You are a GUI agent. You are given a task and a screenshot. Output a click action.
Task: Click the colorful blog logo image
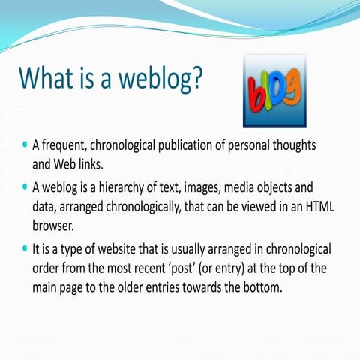click(274, 90)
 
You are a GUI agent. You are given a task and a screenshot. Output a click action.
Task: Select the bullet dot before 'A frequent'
click(25, 142)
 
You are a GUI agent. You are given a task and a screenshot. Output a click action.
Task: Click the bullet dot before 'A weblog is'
click(25, 184)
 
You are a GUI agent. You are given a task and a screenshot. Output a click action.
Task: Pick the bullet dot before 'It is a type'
click(25, 247)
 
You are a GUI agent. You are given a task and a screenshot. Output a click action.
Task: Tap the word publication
click(194, 144)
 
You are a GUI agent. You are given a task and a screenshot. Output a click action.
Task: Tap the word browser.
click(53, 223)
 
